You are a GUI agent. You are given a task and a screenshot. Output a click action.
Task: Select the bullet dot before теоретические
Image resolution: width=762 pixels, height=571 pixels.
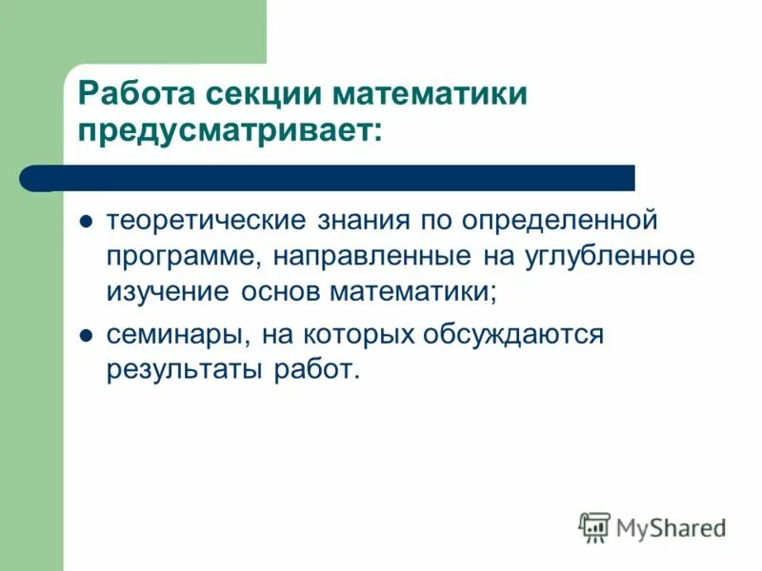85,222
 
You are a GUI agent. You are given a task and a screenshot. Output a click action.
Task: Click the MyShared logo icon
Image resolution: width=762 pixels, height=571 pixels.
594,526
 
